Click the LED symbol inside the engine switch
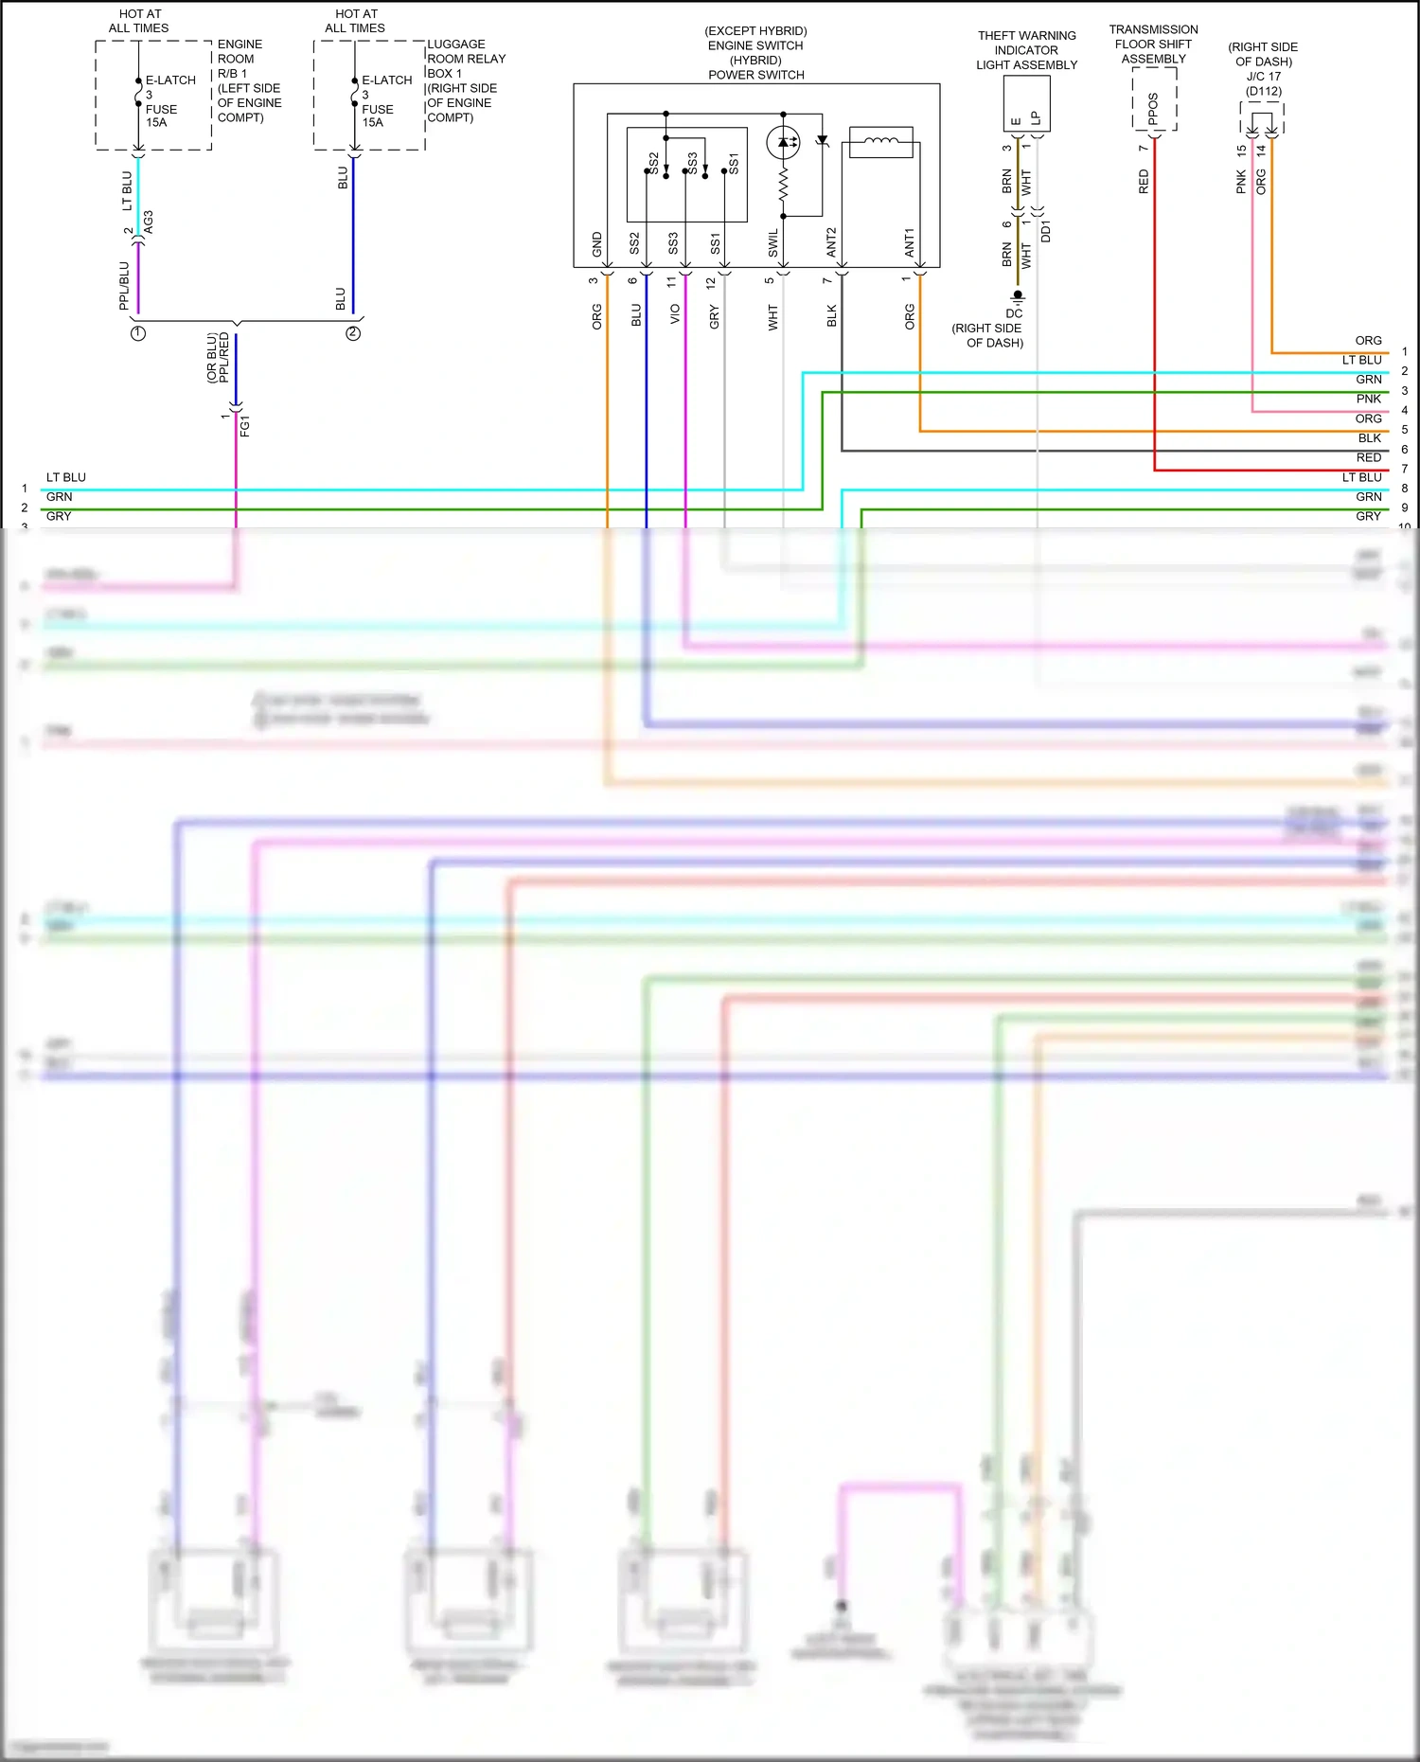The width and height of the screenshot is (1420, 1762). (x=783, y=142)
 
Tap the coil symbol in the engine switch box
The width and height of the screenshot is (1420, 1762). (x=881, y=142)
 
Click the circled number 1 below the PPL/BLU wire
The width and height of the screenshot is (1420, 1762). (x=138, y=333)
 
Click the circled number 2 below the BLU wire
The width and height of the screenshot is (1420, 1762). (x=353, y=333)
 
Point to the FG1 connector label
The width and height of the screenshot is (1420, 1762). (x=245, y=425)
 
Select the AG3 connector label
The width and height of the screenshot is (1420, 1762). (x=149, y=222)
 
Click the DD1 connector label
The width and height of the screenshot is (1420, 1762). (x=1046, y=231)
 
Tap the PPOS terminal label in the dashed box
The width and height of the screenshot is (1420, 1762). (x=1153, y=108)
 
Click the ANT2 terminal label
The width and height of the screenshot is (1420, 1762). (x=832, y=242)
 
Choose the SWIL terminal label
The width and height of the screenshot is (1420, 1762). (x=773, y=243)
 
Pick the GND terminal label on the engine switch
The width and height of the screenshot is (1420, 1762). (x=597, y=244)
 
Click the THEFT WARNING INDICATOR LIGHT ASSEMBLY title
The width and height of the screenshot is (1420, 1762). (x=1026, y=50)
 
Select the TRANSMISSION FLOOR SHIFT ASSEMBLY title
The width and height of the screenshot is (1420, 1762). (x=1153, y=44)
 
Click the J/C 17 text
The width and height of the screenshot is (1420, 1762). (x=1263, y=77)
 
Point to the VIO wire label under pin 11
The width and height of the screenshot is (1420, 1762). (x=675, y=314)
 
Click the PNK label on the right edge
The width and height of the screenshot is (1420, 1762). (x=1368, y=399)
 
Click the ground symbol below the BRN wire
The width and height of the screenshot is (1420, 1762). (x=1018, y=296)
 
